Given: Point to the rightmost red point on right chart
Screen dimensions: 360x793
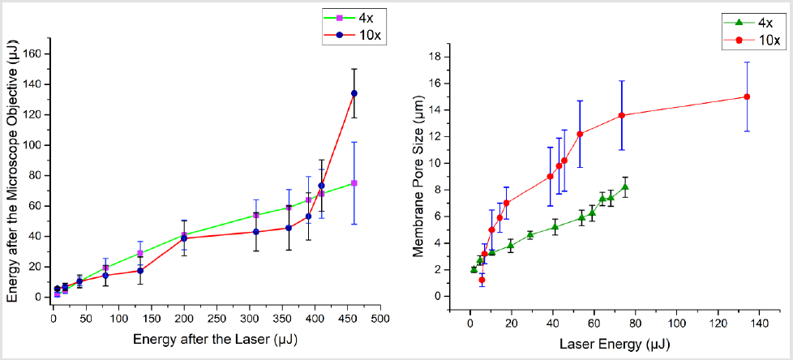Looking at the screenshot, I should click(747, 96).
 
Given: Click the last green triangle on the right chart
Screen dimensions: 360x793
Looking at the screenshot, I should click(625, 186).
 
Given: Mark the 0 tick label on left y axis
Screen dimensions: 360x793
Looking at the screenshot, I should click(39, 297).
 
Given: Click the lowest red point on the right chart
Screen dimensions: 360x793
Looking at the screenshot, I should click(482, 280).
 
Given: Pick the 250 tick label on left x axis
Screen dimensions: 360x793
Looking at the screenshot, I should click(216, 310).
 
